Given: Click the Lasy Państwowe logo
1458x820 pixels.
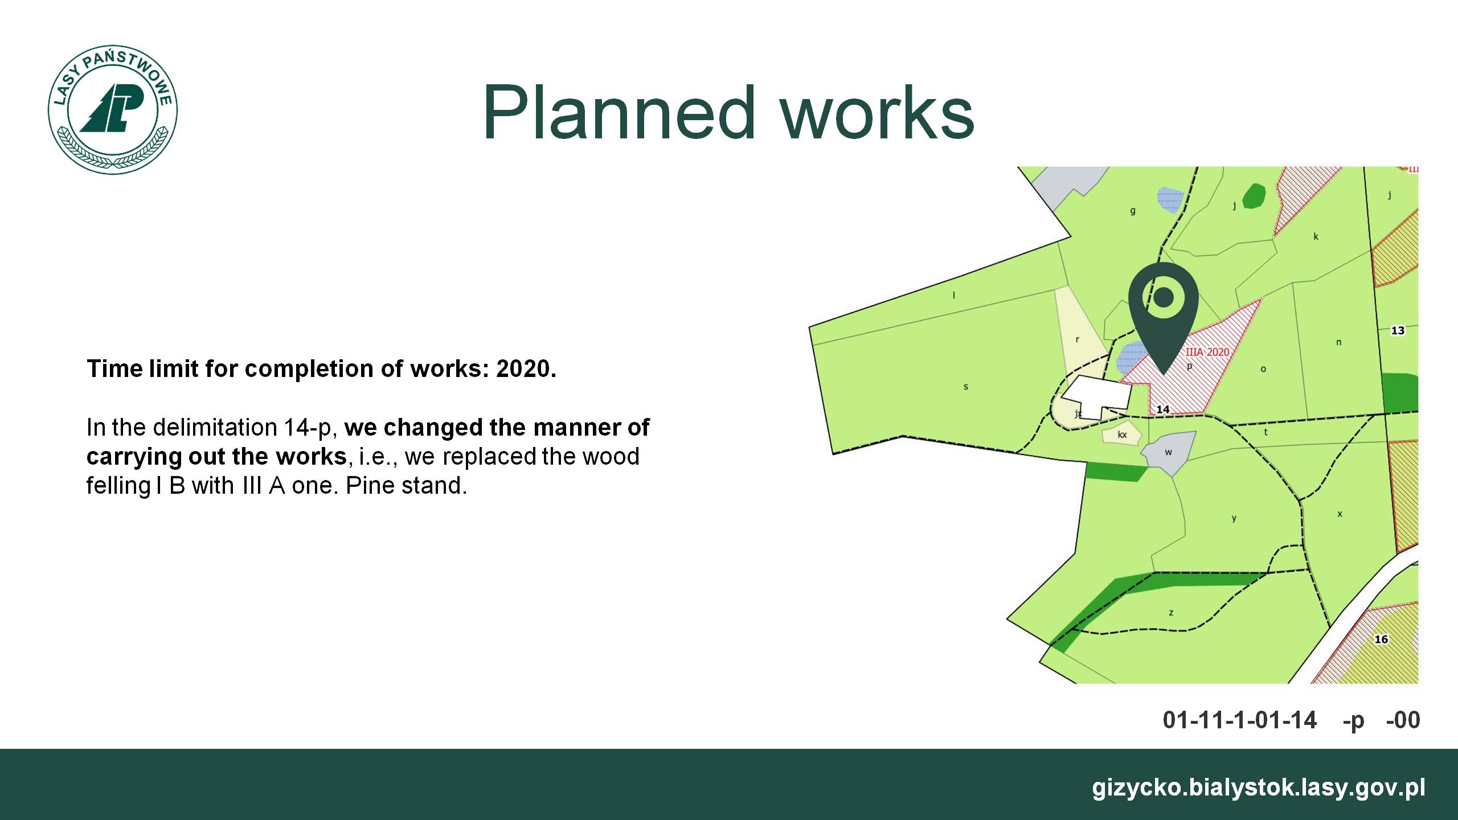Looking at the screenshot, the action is tap(113, 110).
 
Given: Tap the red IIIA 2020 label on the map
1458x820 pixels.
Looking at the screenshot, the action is tap(1207, 352).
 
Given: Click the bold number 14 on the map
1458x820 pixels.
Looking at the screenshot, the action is tap(1163, 409).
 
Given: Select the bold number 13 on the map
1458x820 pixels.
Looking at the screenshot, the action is tap(1398, 330).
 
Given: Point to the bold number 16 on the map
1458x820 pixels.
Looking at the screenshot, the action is tap(1381, 639).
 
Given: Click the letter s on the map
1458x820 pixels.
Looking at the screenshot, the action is tap(966, 387).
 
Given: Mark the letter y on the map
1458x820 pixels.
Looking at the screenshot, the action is tap(1234, 519).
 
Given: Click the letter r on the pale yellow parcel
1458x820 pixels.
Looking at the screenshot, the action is tap(1078, 340).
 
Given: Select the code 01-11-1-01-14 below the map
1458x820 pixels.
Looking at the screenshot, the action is tap(1240, 720).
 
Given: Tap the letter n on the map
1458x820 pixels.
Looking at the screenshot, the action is tap(1339, 342).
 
